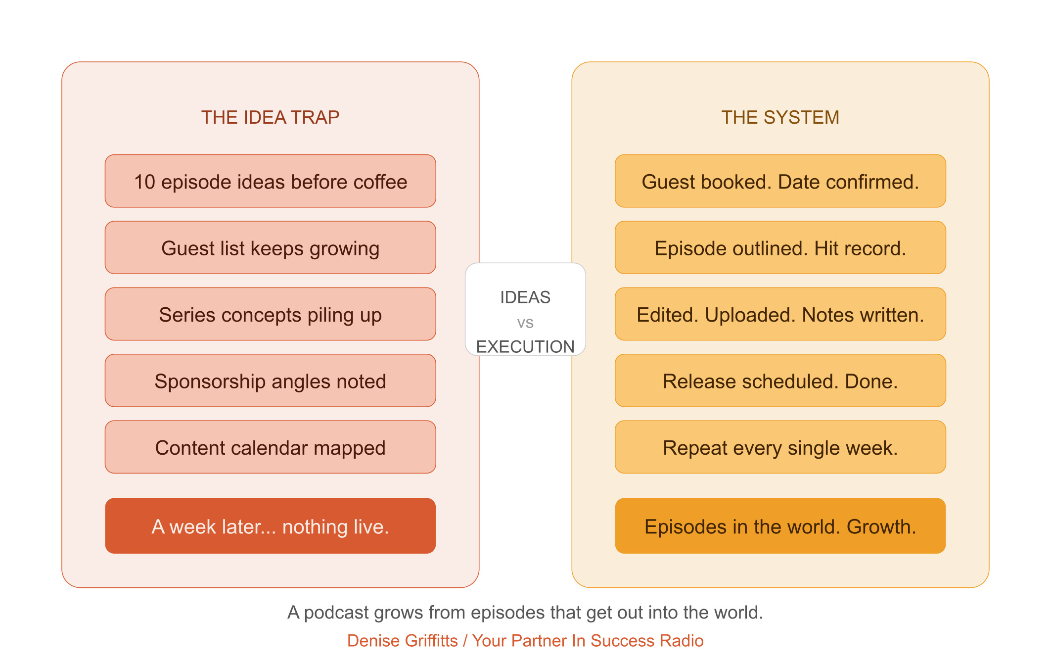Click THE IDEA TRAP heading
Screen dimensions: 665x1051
270,117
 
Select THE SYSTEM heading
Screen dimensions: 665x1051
780,117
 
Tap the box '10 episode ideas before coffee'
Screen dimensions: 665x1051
270,181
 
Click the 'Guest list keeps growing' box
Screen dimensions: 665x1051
270,247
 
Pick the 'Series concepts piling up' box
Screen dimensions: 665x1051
270,314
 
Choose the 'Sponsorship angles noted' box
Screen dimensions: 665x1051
270,380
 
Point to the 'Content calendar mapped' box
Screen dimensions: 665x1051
270,447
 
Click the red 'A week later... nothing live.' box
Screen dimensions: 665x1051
270,526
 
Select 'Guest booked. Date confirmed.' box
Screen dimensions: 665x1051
780,181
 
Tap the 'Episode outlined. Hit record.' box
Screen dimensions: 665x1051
780,247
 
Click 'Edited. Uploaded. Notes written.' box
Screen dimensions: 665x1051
780,314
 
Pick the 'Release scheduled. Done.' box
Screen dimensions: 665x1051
780,380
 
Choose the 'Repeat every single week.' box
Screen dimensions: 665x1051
780,447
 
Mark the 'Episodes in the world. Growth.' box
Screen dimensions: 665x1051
780,526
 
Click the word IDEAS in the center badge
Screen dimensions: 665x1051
525,297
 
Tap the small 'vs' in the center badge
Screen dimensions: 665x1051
525,323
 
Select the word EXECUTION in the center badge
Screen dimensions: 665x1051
525,347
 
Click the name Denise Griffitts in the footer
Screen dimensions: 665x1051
402,641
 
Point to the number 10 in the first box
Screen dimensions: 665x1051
144,182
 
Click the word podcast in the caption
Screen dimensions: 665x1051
336,613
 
